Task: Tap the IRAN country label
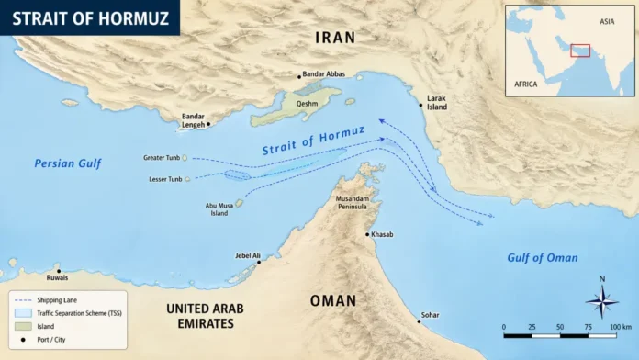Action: click(x=335, y=38)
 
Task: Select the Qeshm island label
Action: click(x=308, y=104)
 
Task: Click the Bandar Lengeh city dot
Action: click(x=208, y=123)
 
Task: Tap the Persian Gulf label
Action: click(x=67, y=163)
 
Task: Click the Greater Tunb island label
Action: click(x=162, y=158)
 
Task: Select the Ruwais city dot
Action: click(x=58, y=269)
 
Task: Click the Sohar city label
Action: click(x=430, y=315)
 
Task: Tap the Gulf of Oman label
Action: click(x=543, y=258)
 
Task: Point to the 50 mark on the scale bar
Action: click(x=559, y=327)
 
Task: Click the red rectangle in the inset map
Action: click(x=580, y=50)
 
